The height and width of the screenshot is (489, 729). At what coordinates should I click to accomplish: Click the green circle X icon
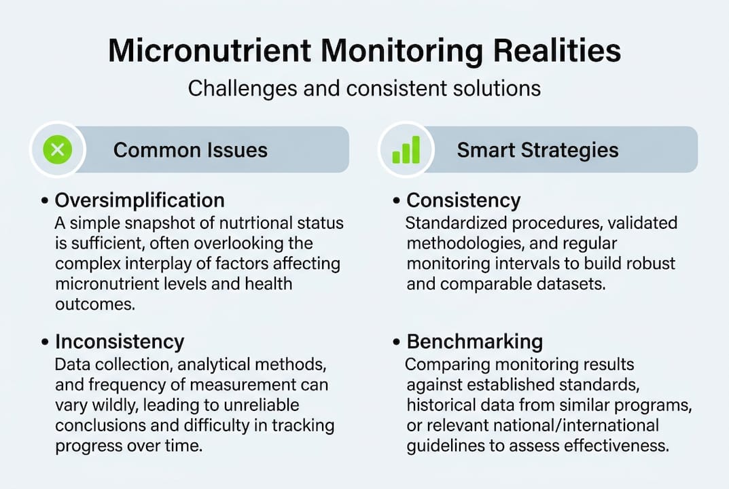[x=58, y=149]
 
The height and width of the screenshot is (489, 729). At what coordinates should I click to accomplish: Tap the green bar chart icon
[x=406, y=149]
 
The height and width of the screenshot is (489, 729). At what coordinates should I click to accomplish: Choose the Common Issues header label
[x=190, y=149]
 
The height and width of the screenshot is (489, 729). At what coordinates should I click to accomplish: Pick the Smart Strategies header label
[x=537, y=149]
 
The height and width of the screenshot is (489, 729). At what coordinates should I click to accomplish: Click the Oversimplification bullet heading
[x=139, y=200]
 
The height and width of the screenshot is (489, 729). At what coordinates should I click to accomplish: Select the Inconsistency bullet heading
[x=120, y=341]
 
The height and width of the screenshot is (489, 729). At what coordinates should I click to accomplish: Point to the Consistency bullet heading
[x=463, y=200]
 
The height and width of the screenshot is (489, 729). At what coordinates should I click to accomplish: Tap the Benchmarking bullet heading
[x=475, y=341]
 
